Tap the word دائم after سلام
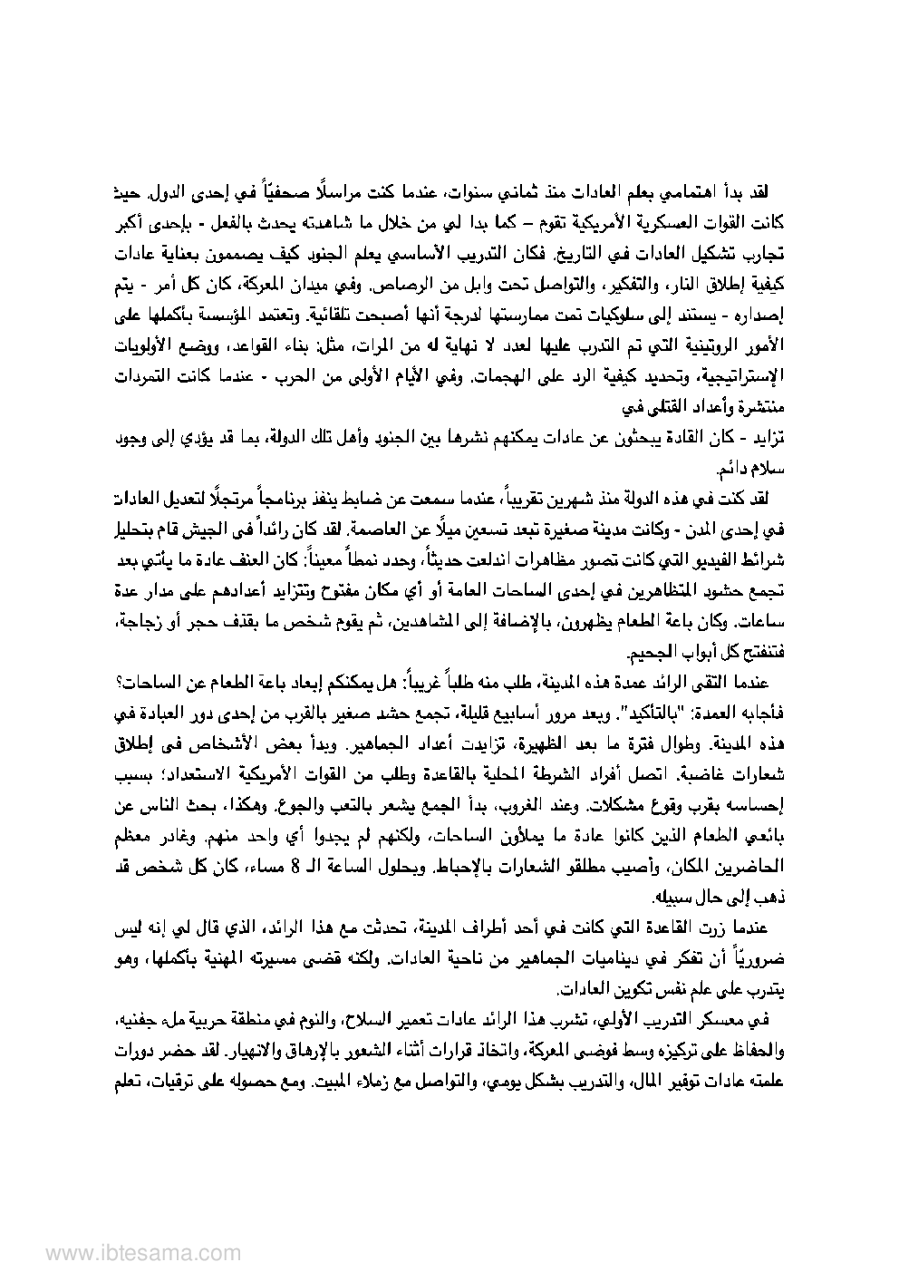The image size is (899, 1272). pos(726,471)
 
